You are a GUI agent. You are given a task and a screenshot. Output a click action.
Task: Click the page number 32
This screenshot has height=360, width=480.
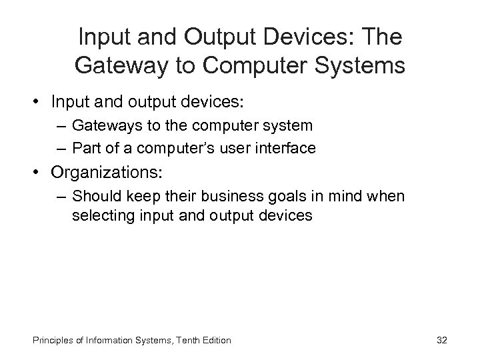(x=441, y=340)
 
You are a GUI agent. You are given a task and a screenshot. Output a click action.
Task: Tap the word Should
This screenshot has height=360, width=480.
(x=93, y=196)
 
